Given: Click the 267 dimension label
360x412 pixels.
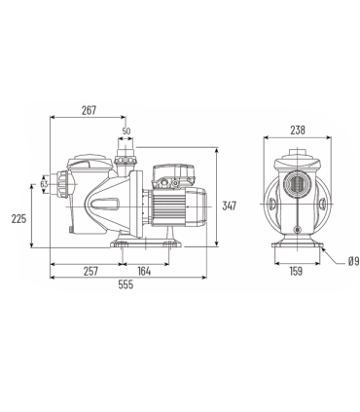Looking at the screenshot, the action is (89, 110).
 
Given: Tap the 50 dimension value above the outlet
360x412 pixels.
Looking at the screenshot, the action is (126, 131).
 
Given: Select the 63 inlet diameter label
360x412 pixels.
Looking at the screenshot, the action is (44, 184).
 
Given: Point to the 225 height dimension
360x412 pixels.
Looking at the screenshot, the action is (18, 218).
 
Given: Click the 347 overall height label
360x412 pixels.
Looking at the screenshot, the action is (229, 206).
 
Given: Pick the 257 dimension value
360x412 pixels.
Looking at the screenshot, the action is (90, 271).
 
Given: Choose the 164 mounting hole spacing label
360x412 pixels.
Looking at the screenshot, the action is (144, 271).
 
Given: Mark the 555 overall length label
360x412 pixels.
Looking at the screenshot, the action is (126, 284).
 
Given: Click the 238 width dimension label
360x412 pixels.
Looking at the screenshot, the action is (298, 130).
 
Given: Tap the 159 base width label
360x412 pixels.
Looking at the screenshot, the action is (296, 271).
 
